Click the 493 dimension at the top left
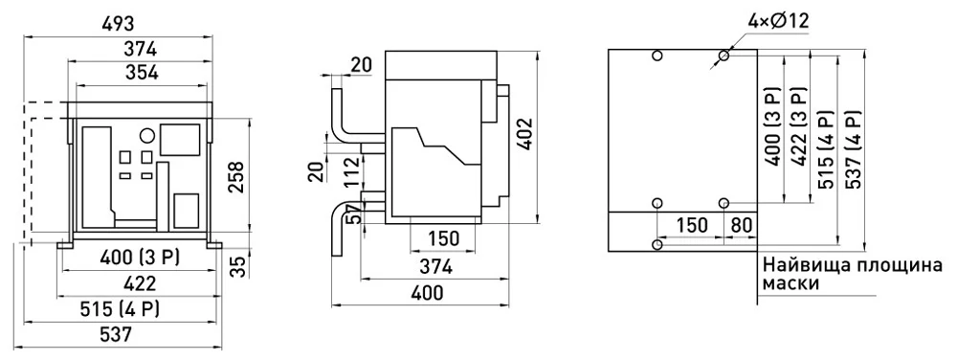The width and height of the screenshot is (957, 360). pos(119,24)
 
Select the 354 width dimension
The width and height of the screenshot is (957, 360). pos(141,73)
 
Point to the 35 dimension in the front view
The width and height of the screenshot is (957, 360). pos(239,267)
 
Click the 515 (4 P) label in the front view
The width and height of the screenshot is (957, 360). pos(120,308)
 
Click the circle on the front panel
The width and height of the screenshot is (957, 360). pos(147,135)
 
